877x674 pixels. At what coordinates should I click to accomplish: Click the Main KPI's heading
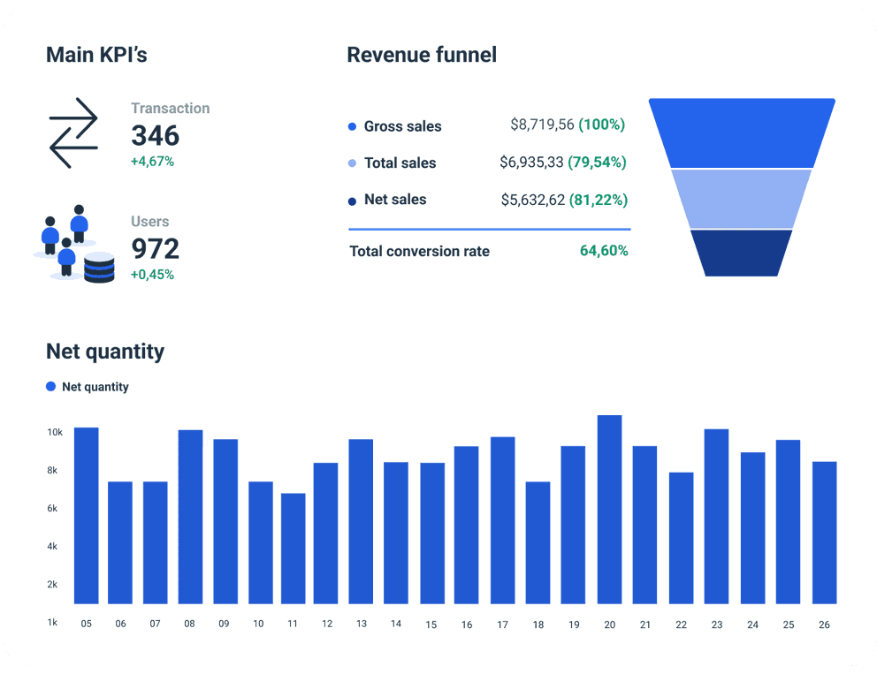coord(96,55)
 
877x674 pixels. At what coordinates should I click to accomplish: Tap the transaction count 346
coord(155,135)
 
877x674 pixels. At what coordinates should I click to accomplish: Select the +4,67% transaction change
coord(152,162)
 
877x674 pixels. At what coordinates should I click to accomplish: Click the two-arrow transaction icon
coord(73,133)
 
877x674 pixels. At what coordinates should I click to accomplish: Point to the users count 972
coord(155,248)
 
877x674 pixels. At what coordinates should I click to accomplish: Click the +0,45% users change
coord(152,275)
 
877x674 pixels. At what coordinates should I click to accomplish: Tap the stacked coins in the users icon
coord(99,267)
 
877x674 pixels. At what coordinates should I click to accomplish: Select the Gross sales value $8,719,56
coord(542,125)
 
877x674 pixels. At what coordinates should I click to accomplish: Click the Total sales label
coord(400,163)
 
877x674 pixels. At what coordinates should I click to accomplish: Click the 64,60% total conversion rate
coord(604,251)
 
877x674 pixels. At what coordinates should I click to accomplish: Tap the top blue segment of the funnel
coord(742,133)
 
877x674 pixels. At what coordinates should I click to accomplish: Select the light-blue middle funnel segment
coord(742,199)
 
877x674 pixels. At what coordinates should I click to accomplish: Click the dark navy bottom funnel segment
coord(742,253)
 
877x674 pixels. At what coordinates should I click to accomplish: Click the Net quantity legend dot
coord(51,387)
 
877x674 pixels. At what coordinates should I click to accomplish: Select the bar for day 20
coord(609,510)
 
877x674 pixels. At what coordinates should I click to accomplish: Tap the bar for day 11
coord(294,549)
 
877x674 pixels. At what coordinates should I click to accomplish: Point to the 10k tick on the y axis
coord(55,432)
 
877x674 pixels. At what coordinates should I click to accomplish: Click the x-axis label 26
coord(824,625)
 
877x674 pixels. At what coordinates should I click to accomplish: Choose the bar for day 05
coord(86,516)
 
